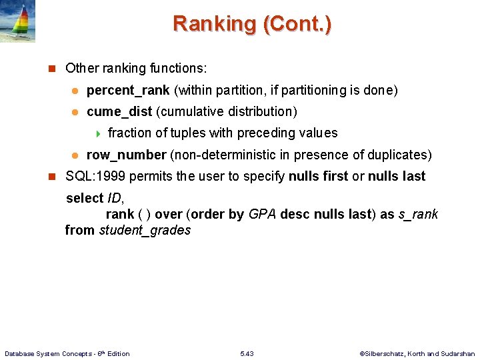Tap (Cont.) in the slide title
297,24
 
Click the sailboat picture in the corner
18,21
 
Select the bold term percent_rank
128,90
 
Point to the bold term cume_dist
119,111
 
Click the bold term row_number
127,155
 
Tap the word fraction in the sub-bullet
129,133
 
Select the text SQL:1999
95,176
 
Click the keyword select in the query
85,198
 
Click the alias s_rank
418,214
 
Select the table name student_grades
145,230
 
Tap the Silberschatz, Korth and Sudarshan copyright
417,353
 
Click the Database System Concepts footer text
67,353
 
